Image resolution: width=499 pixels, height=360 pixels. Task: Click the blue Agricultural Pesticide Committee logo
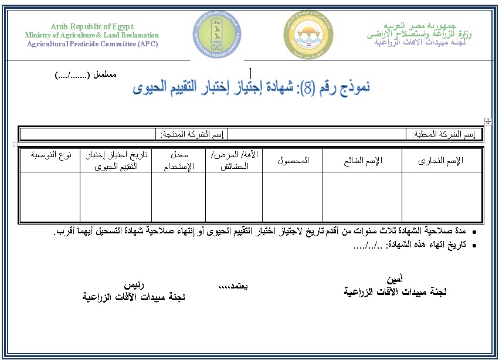click(218, 35)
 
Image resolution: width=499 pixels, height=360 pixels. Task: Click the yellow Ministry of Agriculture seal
click(308, 35)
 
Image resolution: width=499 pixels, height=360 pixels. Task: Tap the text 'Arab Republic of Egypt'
click(92, 26)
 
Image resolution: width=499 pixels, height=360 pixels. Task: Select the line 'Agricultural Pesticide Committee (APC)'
click(92, 44)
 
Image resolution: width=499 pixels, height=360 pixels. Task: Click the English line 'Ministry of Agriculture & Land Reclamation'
click(92, 35)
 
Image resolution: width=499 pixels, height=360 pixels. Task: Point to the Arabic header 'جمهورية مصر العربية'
click(419, 26)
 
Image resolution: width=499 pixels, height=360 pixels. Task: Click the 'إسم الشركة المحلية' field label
click(444, 134)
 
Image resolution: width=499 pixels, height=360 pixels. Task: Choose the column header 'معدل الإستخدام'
click(178, 161)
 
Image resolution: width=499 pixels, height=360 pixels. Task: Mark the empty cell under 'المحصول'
click(293, 196)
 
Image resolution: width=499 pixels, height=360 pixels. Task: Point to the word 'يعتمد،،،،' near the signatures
click(233, 286)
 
